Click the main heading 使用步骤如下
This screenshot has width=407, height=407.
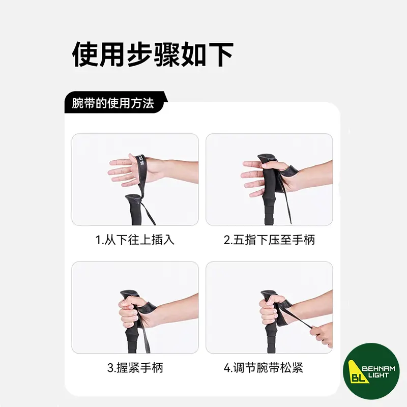tap(153, 55)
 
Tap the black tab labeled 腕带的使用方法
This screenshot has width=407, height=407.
tap(114, 102)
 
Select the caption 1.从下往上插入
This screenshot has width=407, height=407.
tap(135, 240)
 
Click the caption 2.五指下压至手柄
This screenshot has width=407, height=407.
tap(269, 240)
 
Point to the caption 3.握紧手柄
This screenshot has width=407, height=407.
tap(135, 367)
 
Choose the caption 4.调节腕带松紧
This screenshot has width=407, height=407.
tap(263, 367)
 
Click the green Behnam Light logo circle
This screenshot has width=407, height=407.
tap(371, 371)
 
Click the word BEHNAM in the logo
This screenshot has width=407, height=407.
tap(379, 368)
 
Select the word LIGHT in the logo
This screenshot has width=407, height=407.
tap(379, 375)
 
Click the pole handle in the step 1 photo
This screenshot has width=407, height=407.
tap(135, 209)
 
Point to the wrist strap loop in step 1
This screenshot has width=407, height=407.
tap(141, 171)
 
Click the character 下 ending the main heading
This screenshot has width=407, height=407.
tap(220, 55)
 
